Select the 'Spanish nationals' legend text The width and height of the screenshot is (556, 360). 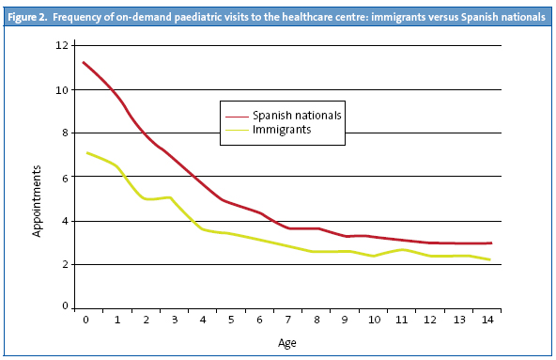pos(296,116)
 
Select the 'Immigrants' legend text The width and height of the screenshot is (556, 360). pos(282,130)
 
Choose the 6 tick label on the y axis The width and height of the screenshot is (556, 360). pos(66,177)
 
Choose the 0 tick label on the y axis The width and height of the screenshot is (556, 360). pos(66,307)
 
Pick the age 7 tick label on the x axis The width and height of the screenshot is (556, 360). pos(287,321)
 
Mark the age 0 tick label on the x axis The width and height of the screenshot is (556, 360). pos(85,321)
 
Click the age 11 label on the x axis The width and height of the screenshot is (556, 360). pos(403,321)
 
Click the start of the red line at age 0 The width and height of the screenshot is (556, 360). pos(85,63)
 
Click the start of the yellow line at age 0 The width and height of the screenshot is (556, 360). pos(85,152)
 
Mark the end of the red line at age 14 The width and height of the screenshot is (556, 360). pos(490,243)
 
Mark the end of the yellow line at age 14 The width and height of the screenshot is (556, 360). pos(489,259)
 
